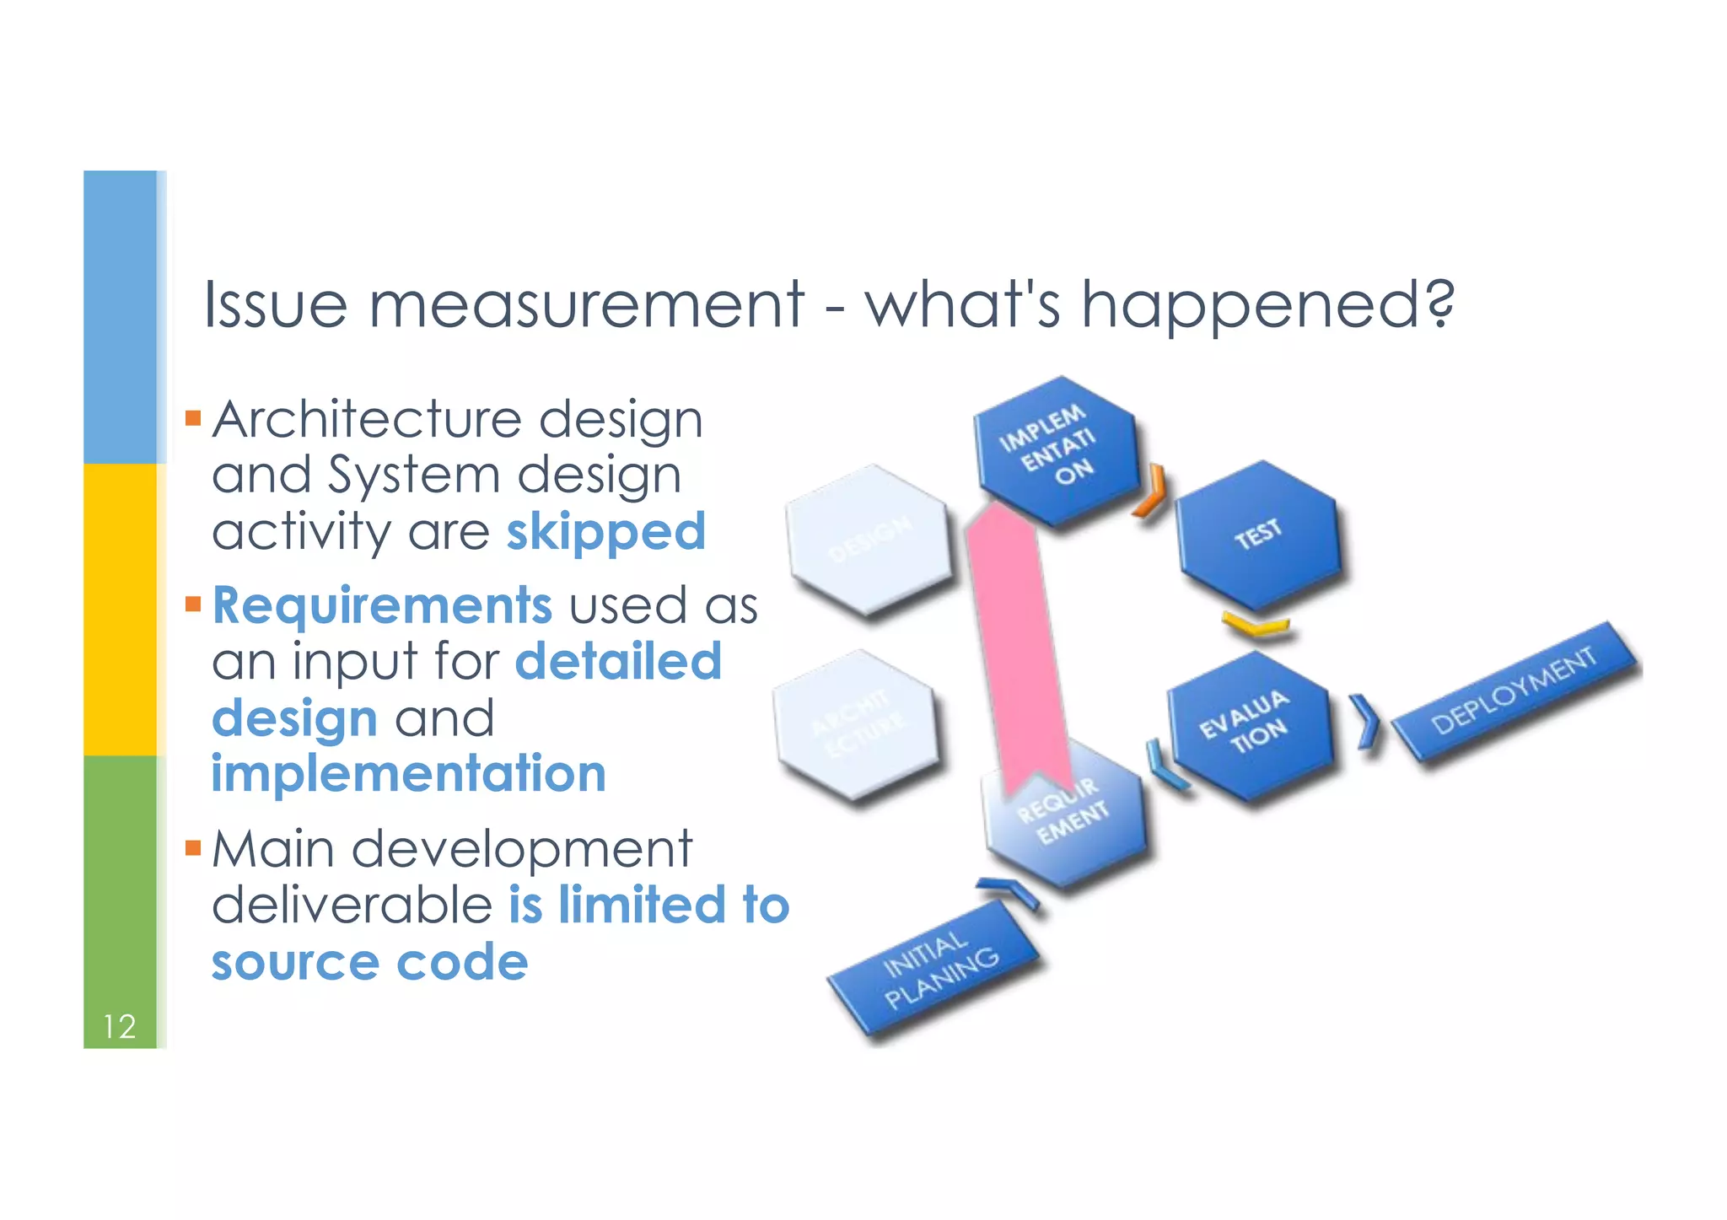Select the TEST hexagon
1257,535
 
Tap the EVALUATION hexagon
1249,726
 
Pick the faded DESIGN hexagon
868,540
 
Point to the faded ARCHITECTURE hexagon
855,724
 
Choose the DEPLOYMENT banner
1514,691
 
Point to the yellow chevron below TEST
1256,626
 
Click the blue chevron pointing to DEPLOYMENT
1366,722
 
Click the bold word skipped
605,532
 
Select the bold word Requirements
382,605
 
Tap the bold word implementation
409,774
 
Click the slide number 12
119,1026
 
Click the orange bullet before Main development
193,847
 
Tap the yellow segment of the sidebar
120,609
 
